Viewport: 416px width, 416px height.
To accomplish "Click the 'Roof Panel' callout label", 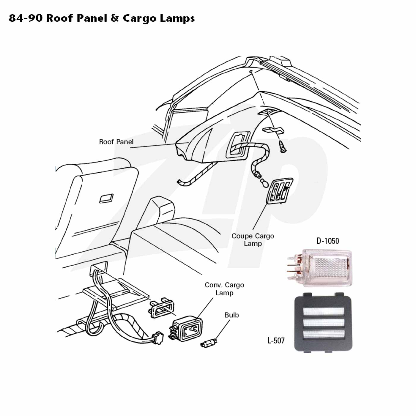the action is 116,142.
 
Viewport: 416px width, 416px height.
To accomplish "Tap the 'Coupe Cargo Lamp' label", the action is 253,239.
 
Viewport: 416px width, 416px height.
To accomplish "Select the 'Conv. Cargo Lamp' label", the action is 224,289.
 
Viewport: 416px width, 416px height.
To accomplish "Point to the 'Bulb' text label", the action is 231,315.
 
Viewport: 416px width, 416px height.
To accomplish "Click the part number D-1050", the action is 327,241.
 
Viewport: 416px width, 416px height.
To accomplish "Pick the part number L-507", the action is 276,341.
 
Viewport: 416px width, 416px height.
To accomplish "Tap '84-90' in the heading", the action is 26,18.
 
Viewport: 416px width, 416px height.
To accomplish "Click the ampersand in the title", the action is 115,18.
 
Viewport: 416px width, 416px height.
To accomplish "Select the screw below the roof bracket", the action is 283,147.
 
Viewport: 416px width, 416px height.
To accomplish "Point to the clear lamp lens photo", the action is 319,268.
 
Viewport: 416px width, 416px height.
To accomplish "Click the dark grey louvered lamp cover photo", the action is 323,322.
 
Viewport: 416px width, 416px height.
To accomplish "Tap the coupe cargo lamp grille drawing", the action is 280,191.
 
